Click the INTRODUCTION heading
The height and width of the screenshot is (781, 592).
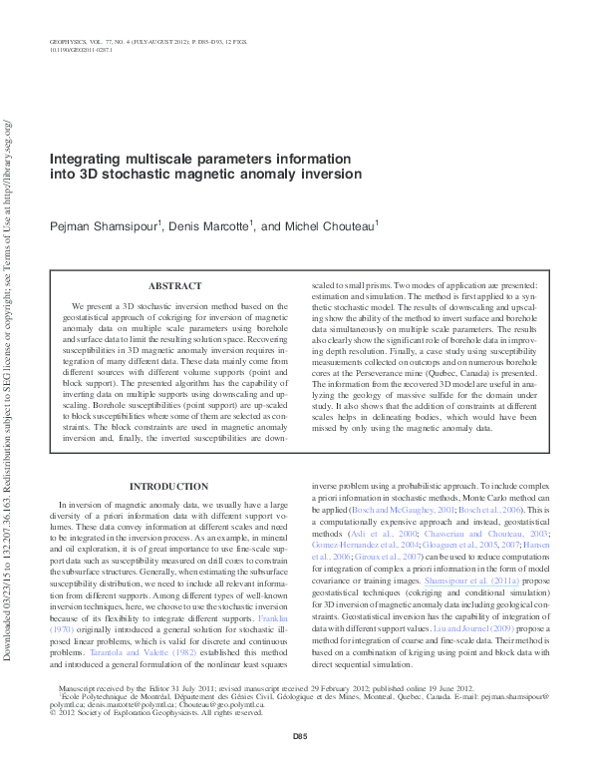pyautogui.click(x=169, y=486)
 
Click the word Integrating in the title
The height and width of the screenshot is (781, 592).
pyautogui.click(x=88, y=159)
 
